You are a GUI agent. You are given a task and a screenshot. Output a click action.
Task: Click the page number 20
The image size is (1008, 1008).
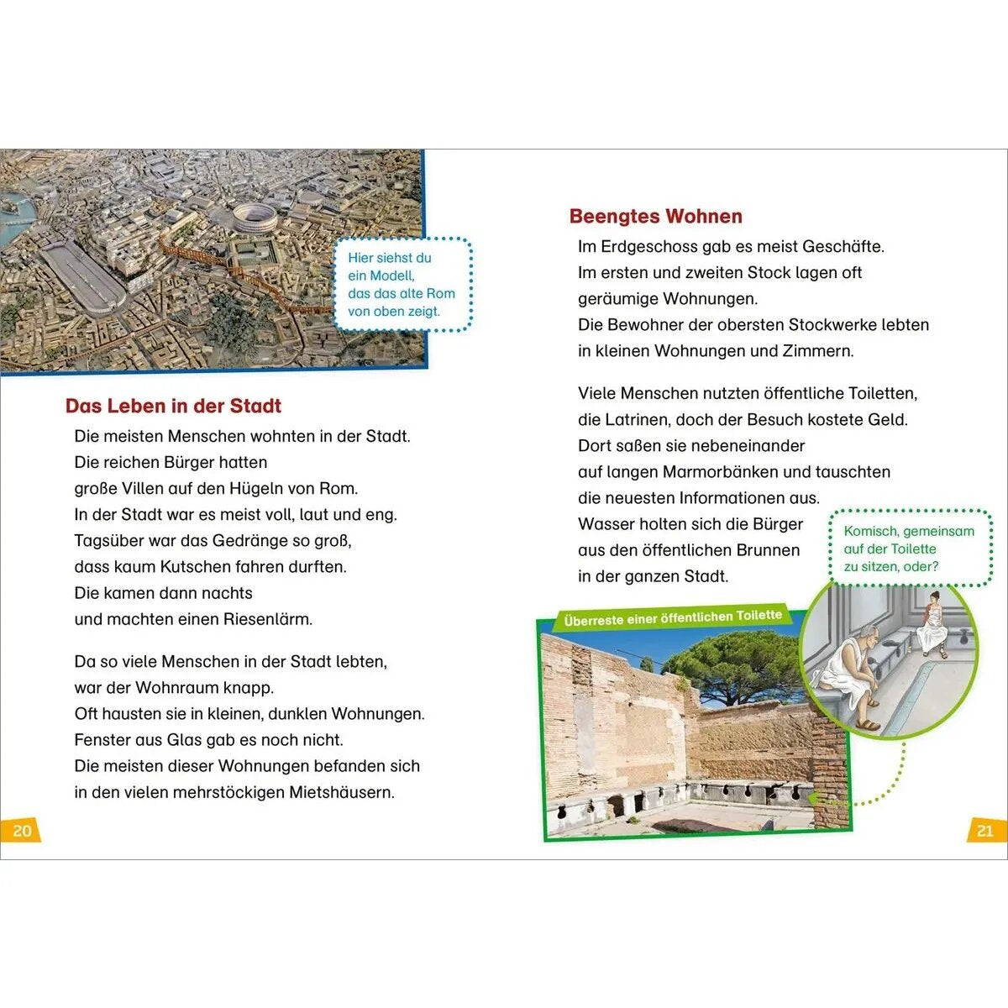22,830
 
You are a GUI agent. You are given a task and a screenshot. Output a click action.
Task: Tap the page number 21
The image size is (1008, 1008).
984,830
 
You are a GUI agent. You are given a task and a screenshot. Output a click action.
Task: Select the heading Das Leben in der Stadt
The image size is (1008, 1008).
173,407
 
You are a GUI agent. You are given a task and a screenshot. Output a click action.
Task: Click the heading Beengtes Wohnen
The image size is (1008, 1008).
655,217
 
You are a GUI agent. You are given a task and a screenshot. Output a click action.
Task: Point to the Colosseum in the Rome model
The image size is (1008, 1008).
254,218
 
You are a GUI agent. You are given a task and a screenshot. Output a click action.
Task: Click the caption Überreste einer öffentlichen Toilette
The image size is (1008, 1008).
672,618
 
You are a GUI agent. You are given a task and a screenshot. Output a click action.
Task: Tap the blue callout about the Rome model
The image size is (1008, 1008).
402,285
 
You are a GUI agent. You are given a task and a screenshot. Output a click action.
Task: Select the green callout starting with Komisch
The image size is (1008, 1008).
909,549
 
